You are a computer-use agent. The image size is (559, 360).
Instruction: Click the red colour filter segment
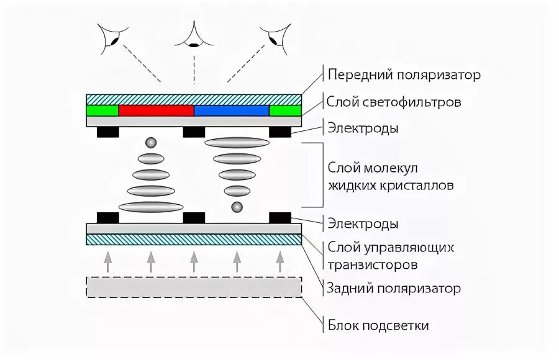[156, 110]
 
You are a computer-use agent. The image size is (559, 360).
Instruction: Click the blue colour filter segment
[232, 110]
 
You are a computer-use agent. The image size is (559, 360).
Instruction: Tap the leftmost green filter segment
[102, 110]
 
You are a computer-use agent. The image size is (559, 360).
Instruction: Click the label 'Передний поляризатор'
[404, 75]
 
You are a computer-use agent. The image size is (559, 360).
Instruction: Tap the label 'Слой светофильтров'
[394, 102]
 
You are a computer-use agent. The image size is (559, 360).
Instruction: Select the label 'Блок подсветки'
[378, 325]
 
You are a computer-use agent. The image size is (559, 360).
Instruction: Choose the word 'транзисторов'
[372, 264]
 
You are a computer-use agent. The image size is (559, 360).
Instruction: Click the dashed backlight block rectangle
[194, 287]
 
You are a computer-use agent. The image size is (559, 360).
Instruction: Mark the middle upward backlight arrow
[194, 261]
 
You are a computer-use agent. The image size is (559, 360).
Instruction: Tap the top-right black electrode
[279, 132]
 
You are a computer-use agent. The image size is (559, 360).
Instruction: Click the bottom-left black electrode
[108, 217]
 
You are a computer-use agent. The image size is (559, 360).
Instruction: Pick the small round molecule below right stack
[236, 206]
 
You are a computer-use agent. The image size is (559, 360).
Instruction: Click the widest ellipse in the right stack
[237, 143]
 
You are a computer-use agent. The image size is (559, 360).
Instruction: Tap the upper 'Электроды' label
[363, 129]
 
